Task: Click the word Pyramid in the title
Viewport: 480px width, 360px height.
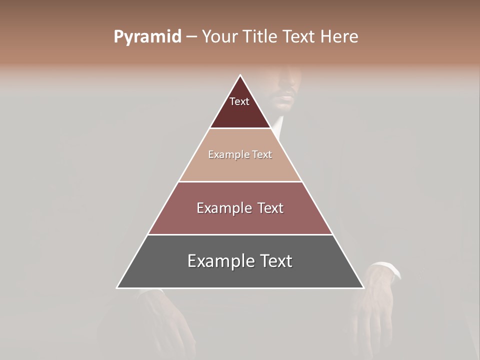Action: click(147, 37)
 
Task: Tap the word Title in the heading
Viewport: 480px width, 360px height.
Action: click(261, 37)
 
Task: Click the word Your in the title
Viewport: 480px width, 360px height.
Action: click(220, 37)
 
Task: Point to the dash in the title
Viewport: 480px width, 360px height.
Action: click(191, 37)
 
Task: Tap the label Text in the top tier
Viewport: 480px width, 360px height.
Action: click(239, 101)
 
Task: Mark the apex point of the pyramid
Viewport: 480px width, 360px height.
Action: click(240, 75)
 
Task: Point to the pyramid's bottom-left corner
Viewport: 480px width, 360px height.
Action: click(117, 287)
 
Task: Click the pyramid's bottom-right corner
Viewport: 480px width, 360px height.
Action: click(363, 287)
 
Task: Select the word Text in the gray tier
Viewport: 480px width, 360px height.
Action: click(275, 261)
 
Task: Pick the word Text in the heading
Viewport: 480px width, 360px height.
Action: click(300, 37)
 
